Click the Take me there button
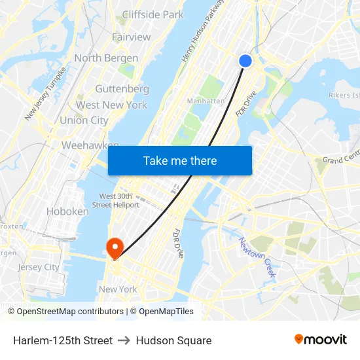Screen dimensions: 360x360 pyautogui.click(x=180, y=161)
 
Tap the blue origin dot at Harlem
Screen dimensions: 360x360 pyautogui.click(x=245, y=61)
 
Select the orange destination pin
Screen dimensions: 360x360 pyautogui.click(x=115, y=247)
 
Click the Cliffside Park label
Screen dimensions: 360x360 pyautogui.click(x=153, y=14)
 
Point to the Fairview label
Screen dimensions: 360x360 pyautogui.click(x=131, y=37)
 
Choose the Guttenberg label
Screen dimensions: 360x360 pyautogui.click(x=122, y=88)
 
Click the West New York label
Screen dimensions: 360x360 pyautogui.click(x=111, y=105)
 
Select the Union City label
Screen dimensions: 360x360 pyautogui.click(x=84, y=120)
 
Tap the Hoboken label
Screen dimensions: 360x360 pyautogui.click(x=67, y=211)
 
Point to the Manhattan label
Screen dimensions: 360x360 pyautogui.click(x=206, y=101)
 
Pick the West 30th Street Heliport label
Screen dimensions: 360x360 pyautogui.click(x=119, y=200)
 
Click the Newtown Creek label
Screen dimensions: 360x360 pyautogui.click(x=256, y=257)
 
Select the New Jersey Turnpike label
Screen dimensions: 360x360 pyautogui.click(x=45, y=94)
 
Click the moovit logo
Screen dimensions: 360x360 pyautogui.click(x=320, y=340)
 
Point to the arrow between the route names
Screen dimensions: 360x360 pyautogui.click(x=124, y=340)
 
